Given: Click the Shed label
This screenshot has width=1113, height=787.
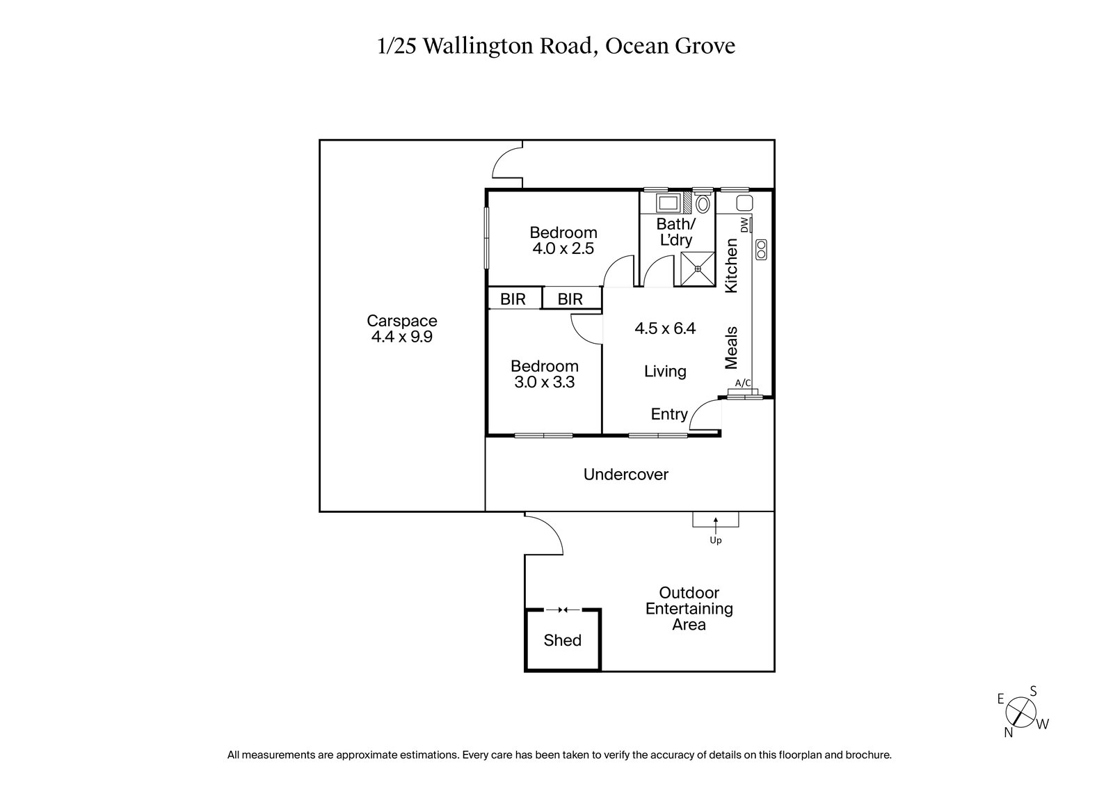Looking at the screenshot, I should click(562, 640).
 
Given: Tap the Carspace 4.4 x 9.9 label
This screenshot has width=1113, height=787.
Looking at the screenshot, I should click(402, 329).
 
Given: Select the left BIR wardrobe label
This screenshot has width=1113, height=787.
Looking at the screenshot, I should click(513, 299).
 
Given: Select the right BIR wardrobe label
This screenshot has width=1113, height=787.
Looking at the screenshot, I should click(570, 299).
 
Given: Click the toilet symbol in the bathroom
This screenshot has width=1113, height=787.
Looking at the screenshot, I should click(703, 204).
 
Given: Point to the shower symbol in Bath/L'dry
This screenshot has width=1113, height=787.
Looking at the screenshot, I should click(697, 268).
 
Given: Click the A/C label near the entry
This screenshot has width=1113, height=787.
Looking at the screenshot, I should click(743, 383).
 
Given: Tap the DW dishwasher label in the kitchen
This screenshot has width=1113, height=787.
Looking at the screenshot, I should click(744, 225).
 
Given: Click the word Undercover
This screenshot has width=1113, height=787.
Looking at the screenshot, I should click(625, 475).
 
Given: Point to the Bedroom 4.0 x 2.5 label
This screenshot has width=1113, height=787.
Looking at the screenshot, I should click(563, 240).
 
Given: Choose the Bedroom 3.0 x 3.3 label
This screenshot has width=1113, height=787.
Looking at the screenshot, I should click(544, 374).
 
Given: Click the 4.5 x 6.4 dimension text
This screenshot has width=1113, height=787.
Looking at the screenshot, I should click(664, 328).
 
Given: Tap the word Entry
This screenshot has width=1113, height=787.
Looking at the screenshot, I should click(668, 415).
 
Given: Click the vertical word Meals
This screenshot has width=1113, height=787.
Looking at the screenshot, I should click(731, 347).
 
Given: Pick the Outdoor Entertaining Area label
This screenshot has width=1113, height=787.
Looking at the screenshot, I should click(689, 609).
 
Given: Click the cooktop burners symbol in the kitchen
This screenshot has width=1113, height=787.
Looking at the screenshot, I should click(761, 249).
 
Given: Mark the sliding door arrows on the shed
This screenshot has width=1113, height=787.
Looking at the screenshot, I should click(563, 610).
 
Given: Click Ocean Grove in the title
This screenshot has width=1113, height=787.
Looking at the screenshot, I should click(670, 46).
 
